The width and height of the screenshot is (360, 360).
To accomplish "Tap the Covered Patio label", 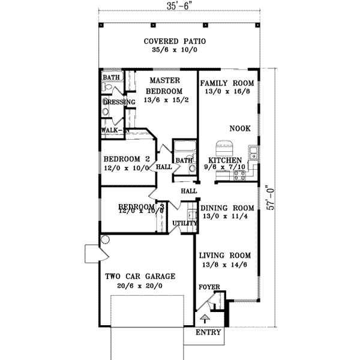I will pyautogui.click(x=175, y=41).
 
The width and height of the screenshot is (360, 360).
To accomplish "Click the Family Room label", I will pyautogui.click(x=227, y=83).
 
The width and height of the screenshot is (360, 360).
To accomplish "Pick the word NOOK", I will pyautogui.click(x=240, y=128).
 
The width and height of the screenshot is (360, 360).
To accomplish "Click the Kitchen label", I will pyautogui.click(x=225, y=160).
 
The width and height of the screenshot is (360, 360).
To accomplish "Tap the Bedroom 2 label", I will pyautogui.click(x=126, y=159).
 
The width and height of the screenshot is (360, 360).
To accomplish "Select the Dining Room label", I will pyautogui.click(x=227, y=208).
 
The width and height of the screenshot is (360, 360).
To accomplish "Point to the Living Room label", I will pyautogui.click(x=226, y=254).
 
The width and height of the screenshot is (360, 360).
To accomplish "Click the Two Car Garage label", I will pyautogui.click(x=140, y=277).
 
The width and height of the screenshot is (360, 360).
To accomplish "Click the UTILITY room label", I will pyautogui.click(x=184, y=223).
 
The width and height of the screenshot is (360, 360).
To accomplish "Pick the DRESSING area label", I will pyautogui.click(x=119, y=102).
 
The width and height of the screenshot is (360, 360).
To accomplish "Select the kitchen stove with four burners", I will pyautogui.click(x=239, y=175).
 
